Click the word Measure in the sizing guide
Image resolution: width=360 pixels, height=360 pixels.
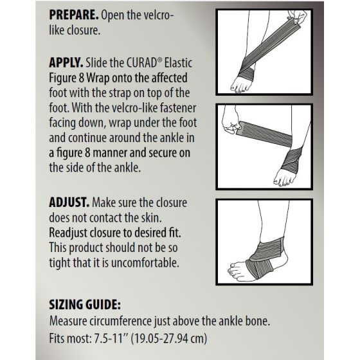point(71,320)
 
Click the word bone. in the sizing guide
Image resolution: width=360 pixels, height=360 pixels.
point(292,320)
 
